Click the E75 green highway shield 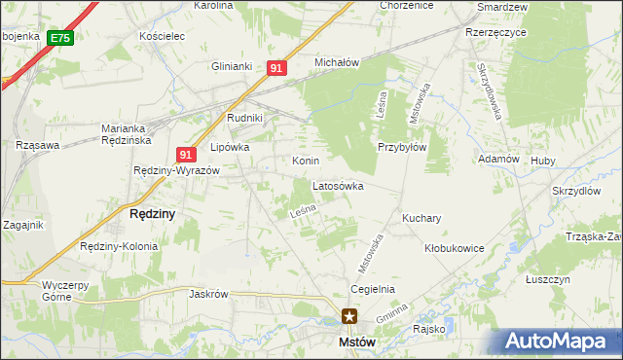[59, 38]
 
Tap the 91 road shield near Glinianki [277, 68]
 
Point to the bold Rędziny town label [152, 214]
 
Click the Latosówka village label [338, 185]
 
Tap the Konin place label [306, 160]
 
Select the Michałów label [337, 62]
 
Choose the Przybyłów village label [402, 148]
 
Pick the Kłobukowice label [455, 248]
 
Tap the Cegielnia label [373, 289]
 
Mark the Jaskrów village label [208, 294]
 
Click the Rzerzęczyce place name [495, 31]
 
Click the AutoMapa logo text [565, 341]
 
